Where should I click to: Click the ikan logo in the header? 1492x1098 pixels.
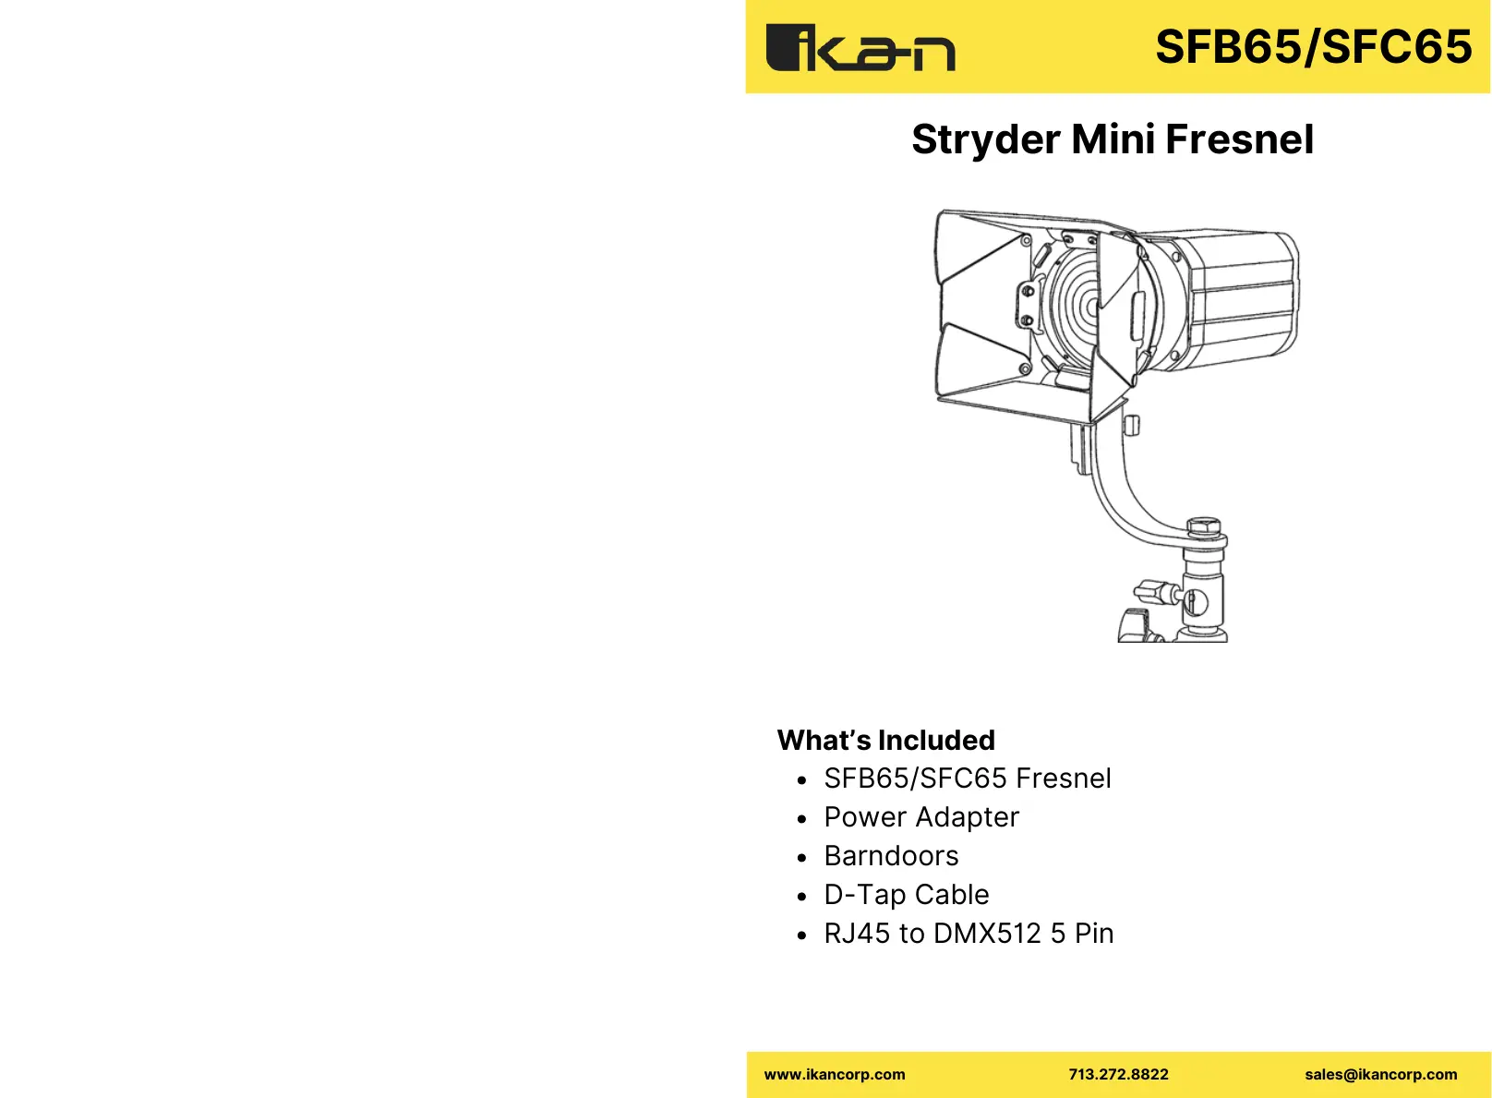click(860, 48)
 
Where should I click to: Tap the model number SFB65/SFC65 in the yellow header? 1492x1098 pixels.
click(1313, 47)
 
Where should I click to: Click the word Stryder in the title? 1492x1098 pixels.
click(985, 140)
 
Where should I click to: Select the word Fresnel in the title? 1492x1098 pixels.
click(1239, 140)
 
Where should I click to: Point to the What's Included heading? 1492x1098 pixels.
click(885, 741)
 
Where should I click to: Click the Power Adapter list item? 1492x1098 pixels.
click(920, 817)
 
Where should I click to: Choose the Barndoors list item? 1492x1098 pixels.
click(891, 856)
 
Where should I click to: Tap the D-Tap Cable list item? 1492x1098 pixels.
click(906, 895)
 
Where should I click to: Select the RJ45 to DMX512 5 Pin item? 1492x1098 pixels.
click(969, 934)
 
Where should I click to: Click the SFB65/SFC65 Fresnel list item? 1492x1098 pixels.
click(967, 778)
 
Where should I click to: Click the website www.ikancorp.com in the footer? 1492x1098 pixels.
click(835, 1075)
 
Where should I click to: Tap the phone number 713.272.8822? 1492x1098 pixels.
click(1118, 1075)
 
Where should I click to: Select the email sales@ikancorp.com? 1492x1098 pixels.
click(1380, 1075)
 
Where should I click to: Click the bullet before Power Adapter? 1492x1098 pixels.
click(801, 819)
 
